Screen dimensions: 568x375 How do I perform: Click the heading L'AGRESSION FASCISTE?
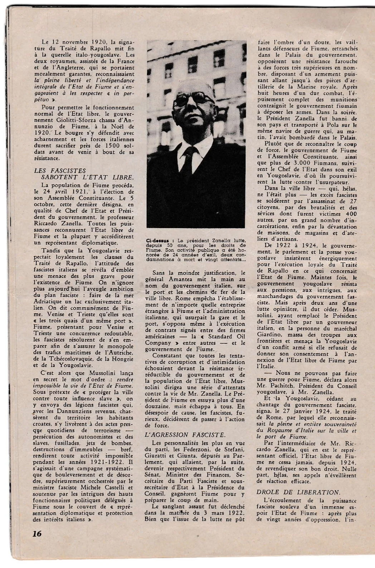(185, 435)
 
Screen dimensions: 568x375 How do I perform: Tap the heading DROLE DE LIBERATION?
(298, 492)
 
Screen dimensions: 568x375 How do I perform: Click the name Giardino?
(271, 335)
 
